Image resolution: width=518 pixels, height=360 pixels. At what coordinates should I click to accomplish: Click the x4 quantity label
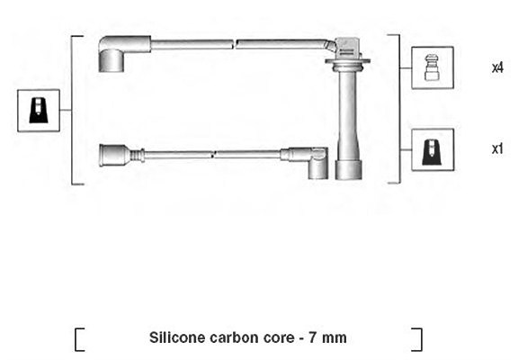pos(497,67)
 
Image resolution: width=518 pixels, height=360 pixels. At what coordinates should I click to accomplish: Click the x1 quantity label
pos(497,149)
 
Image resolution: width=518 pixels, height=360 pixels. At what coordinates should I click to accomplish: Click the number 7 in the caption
pos(312,337)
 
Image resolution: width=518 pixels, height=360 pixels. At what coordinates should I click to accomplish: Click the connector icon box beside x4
pos(433,67)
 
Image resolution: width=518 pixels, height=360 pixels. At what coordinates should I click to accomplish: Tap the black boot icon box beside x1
pos(433,149)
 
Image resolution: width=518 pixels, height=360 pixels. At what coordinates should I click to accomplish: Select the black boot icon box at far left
pos(39,111)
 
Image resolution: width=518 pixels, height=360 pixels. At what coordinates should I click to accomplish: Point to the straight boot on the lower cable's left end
pos(121,155)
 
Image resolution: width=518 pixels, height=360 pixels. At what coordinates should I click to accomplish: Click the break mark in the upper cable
pos(235,44)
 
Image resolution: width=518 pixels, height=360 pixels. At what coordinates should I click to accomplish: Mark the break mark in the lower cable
pos(213,155)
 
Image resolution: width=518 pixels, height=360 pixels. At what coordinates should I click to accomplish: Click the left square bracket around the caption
pos(79,339)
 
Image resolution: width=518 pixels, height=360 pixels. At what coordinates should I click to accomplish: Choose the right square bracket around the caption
pos(417,339)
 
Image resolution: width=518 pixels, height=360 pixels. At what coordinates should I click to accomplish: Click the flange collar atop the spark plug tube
pos(347,62)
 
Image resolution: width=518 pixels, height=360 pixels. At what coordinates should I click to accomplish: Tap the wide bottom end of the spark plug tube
pos(349,170)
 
